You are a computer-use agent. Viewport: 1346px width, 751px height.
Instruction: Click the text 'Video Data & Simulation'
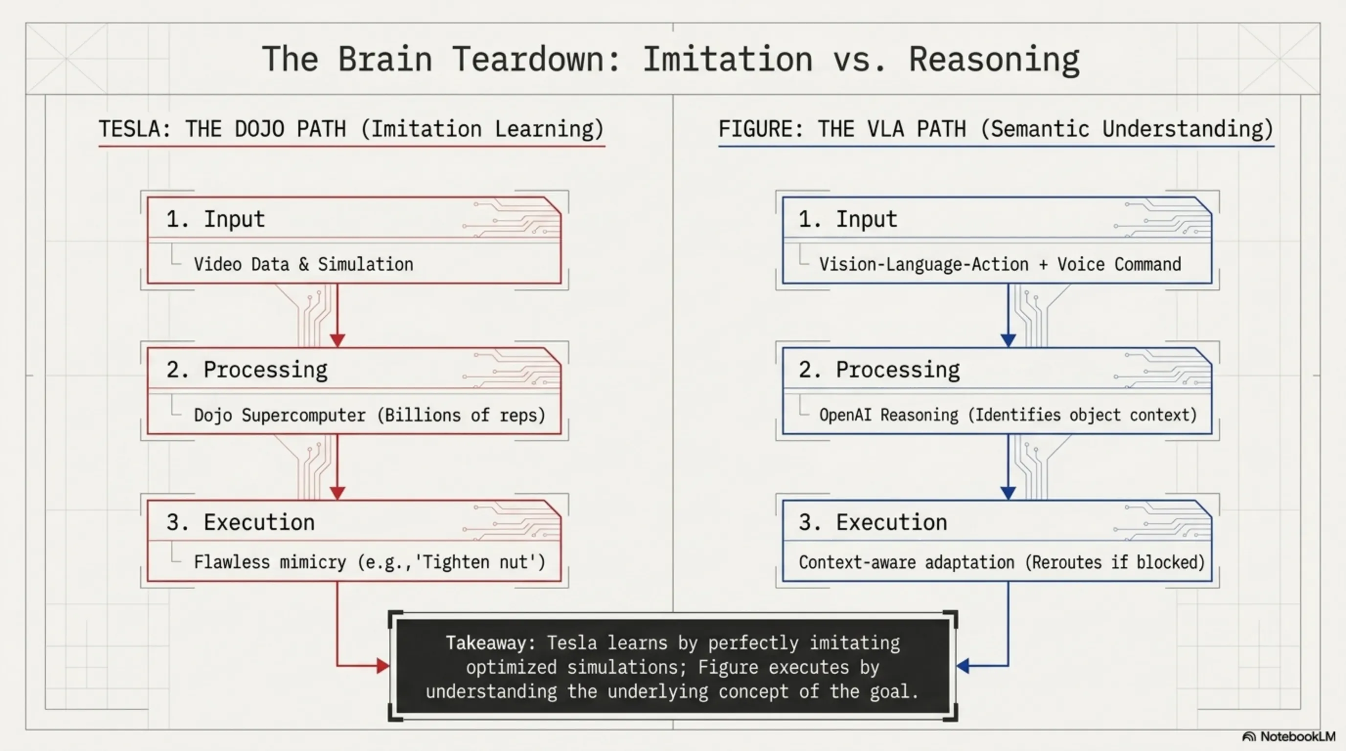point(303,264)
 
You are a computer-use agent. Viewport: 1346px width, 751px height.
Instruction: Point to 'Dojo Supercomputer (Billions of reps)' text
point(369,415)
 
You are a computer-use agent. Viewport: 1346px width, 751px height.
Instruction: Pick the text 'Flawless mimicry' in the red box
point(269,562)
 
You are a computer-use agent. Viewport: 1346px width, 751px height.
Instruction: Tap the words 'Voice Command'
point(1119,264)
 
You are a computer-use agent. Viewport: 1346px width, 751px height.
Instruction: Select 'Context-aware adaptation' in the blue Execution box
point(907,562)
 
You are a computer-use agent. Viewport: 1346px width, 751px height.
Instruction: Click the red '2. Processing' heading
point(247,370)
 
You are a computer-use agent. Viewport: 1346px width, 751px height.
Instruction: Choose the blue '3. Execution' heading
point(873,522)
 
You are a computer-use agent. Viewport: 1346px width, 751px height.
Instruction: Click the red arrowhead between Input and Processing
point(337,340)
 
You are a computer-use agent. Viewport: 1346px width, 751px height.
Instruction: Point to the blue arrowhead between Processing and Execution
point(1008,492)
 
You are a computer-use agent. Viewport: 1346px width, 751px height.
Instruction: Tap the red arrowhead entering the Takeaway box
point(382,666)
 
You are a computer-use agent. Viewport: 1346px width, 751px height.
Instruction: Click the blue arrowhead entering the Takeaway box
point(964,666)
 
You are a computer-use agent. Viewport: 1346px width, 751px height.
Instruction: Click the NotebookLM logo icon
point(1249,737)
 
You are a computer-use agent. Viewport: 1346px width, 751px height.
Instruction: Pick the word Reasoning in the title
point(994,59)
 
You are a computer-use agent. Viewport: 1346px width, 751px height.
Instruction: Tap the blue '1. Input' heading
point(848,220)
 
